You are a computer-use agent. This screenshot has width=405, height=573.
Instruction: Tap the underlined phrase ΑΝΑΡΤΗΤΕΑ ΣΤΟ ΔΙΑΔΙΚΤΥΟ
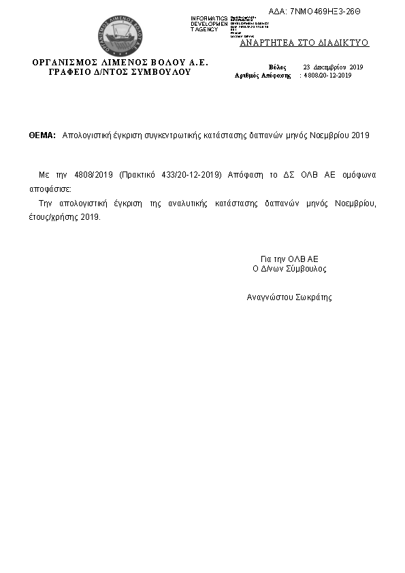(304, 42)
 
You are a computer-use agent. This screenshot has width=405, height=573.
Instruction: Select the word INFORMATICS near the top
(209, 18)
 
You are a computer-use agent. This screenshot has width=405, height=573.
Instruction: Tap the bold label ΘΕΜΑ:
(42, 135)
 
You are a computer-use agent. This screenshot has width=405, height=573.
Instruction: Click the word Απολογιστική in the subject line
(84, 135)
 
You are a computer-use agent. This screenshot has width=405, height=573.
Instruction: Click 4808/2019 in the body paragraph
(93, 175)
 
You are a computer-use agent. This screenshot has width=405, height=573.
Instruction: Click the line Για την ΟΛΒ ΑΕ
(289, 259)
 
